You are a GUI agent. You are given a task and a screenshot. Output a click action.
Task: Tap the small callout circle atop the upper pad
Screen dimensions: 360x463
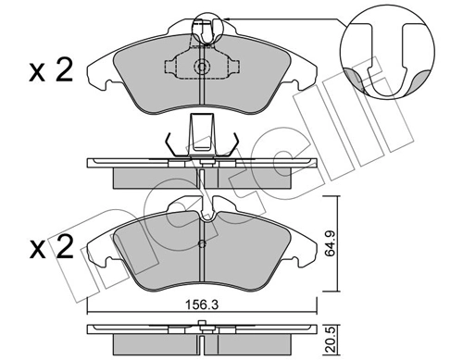203,30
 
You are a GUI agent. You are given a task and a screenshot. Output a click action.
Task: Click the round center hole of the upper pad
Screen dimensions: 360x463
202,68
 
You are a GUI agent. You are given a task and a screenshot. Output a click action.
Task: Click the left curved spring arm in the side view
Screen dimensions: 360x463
170,144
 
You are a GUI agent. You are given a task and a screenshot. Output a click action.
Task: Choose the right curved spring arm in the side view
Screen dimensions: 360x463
234,144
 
